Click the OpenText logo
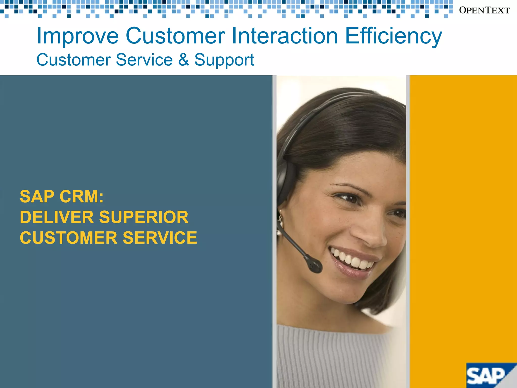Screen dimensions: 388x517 coord(484,10)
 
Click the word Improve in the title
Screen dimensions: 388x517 coord(77,36)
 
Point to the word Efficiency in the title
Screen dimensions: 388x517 coord(393,36)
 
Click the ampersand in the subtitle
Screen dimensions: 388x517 coord(184,60)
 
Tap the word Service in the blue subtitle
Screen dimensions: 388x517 coord(144,60)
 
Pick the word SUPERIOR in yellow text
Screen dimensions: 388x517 coord(144,217)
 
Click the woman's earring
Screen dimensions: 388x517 coord(280,222)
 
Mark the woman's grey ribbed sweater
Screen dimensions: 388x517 coord(336,359)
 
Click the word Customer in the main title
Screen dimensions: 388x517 coord(175,36)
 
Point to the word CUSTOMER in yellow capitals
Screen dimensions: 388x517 coord(69,238)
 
